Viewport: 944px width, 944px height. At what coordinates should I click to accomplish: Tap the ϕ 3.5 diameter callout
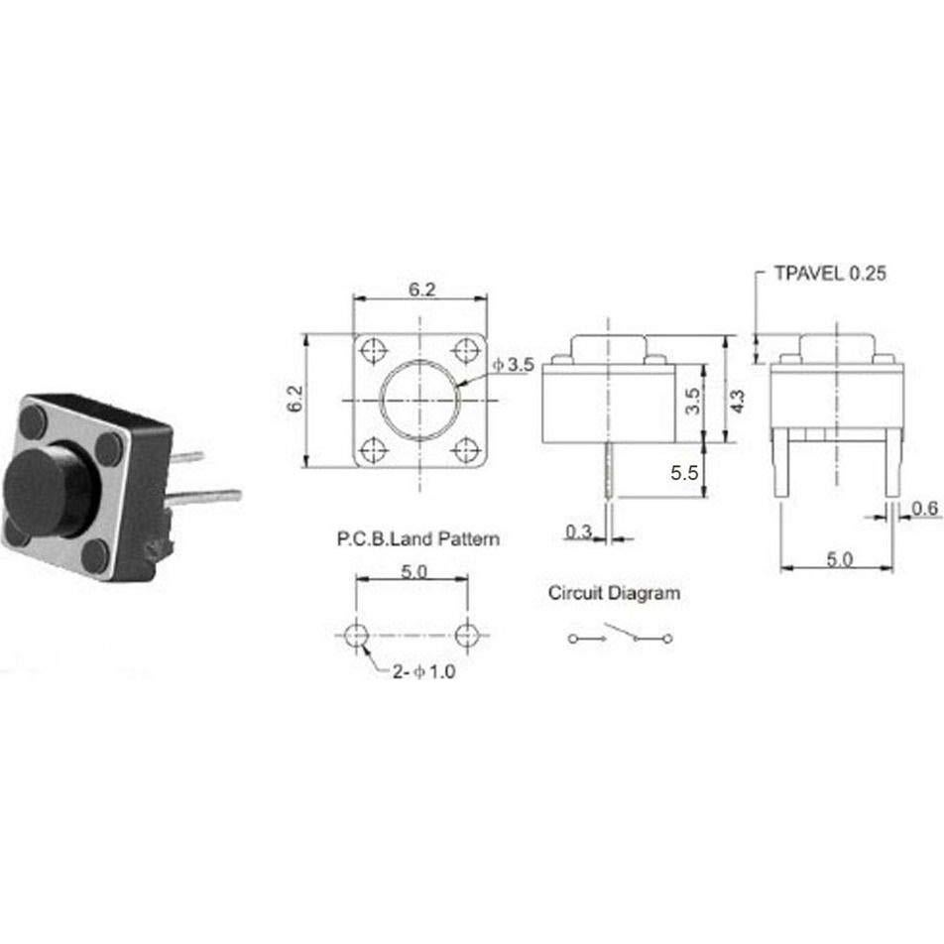(x=514, y=366)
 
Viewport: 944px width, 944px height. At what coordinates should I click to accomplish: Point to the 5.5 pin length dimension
(x=685, y=474)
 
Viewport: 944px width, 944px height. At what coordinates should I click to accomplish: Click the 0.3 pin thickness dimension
(x=578, y=532)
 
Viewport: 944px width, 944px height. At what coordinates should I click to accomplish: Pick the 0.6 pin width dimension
(x=925, y=508)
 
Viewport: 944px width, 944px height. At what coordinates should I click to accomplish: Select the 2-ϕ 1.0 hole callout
(x=422, y=671)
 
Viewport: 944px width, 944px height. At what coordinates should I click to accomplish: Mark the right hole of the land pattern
(x=468, y=635)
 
